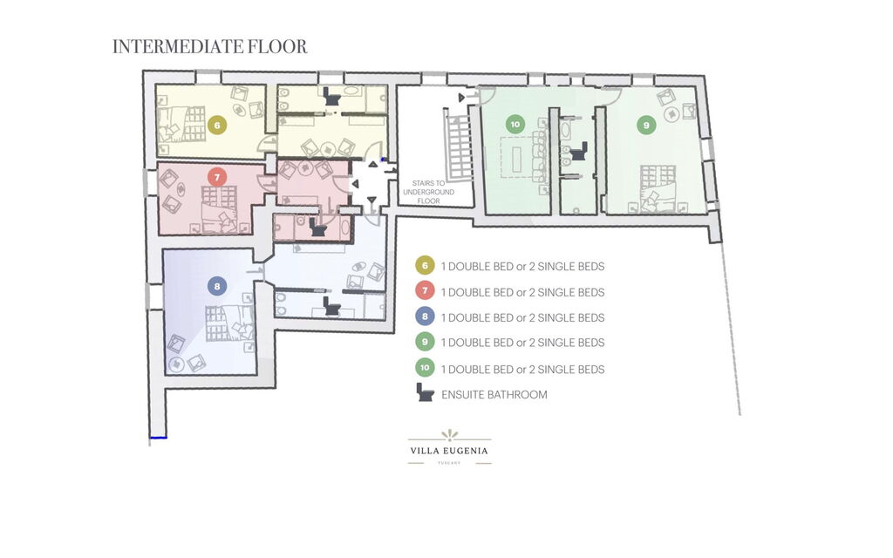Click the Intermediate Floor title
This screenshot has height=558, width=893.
click(209, 46)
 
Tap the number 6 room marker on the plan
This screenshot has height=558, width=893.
click(217, 126)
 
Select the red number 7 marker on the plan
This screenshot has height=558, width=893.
click(217, 177)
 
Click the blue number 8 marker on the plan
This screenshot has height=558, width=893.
click(217, 286)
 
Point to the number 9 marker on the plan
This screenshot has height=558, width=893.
click(646, 126)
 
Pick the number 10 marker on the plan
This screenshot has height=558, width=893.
click(515, 125)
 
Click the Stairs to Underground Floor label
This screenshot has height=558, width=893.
click(428, 192)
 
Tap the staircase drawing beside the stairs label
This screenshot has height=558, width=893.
click(458, 146)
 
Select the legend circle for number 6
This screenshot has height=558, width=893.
click(425, 266)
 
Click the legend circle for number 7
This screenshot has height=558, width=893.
click(425, 291)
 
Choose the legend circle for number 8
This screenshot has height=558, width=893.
click(425, 316)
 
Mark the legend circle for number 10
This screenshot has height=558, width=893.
click(425, 368)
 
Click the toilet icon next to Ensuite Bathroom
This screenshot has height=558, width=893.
click(425, 393)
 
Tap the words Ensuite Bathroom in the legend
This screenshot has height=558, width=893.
click(494, 395)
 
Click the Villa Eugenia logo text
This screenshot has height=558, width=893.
click(449, 451)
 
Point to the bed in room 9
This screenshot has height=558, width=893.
click(658, 189)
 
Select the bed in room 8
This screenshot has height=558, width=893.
click(229, 323)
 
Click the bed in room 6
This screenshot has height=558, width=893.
click(181, 124)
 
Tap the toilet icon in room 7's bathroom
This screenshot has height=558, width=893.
click(317, 228)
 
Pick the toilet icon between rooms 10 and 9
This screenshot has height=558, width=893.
click(579, 152)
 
